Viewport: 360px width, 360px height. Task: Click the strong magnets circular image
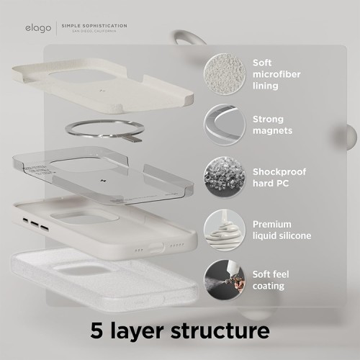point(224,124)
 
